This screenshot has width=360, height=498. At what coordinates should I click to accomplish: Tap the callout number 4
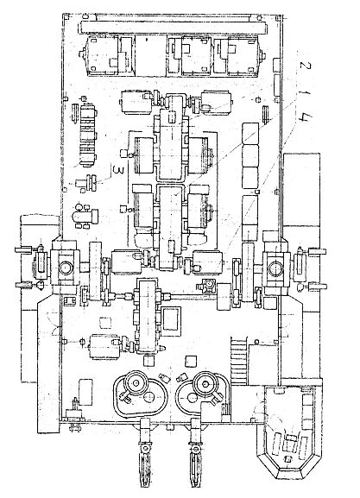click(306, 119)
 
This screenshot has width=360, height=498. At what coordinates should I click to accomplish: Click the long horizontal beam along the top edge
click(174, 28)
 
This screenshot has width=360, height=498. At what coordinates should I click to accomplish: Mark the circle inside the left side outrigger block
click(66, 268)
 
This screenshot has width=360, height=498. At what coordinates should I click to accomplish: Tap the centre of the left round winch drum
click(136, 383)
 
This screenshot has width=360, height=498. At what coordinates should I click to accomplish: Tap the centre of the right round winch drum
click(205, 384)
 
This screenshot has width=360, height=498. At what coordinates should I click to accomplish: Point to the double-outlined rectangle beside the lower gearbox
click(171, 318)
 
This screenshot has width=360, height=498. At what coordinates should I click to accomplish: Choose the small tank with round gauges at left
click(85, 216)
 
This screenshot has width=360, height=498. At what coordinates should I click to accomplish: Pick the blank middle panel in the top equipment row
click(150, 55)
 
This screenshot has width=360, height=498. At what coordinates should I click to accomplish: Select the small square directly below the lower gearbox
click(148, 361)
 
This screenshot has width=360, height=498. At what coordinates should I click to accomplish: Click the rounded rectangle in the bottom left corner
click(85, 392)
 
